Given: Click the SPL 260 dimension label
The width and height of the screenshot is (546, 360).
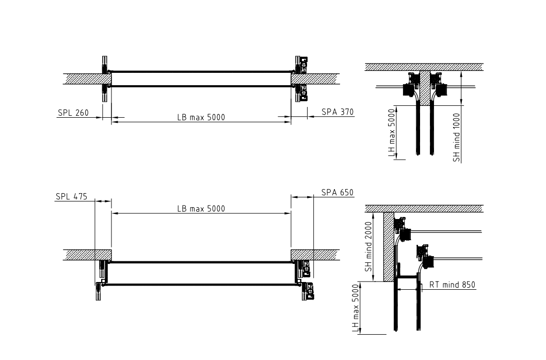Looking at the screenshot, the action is coord(73,113).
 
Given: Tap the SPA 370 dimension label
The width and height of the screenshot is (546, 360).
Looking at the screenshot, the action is coord(338,112).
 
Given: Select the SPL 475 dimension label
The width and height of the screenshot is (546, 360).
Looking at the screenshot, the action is coord(71,197).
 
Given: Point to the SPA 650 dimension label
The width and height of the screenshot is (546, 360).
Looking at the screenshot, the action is coord(337,192).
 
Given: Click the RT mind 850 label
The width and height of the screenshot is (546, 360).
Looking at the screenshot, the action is coord(452,285).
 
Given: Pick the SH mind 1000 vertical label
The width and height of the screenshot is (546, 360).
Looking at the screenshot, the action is coord(457,138).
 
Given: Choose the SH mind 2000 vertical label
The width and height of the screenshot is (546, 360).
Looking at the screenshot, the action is coord(368,247).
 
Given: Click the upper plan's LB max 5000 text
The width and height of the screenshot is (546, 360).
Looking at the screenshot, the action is coord(201,117).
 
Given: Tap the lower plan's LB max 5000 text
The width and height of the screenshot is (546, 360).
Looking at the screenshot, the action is coord(201,209).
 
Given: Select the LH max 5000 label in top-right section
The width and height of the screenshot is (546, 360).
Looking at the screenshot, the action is coord(392,133).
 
